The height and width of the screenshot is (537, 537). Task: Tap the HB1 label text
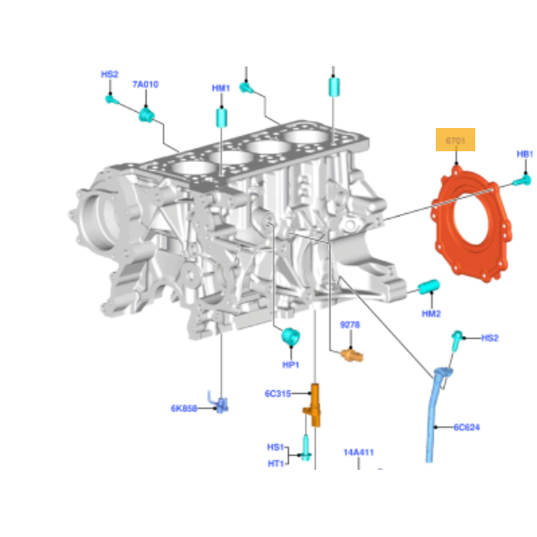coord(524,154)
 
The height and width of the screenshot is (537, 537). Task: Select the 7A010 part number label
coord(145,84)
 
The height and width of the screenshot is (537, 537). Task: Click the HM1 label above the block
coord(221,89)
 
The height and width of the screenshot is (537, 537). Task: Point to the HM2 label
coord(431,313)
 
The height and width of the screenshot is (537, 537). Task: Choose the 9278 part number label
coord(350,326)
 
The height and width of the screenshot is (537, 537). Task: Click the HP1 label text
coord(291,365)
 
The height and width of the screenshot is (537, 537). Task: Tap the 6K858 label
coord(183,408)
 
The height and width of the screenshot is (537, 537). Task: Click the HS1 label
coord(275,447)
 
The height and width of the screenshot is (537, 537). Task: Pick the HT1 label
coord(275,463)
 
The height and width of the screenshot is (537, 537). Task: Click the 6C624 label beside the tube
coord(466,427)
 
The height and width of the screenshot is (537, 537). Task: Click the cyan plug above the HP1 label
coord(289,337)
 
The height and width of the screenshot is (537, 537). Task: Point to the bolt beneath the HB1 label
coord(520,182)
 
